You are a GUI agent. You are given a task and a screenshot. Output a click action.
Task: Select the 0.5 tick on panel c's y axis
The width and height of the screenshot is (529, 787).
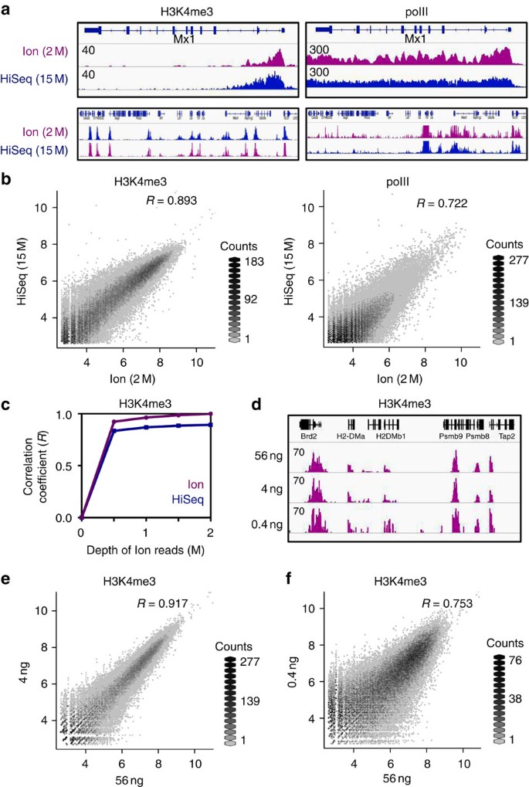point(68,466)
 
